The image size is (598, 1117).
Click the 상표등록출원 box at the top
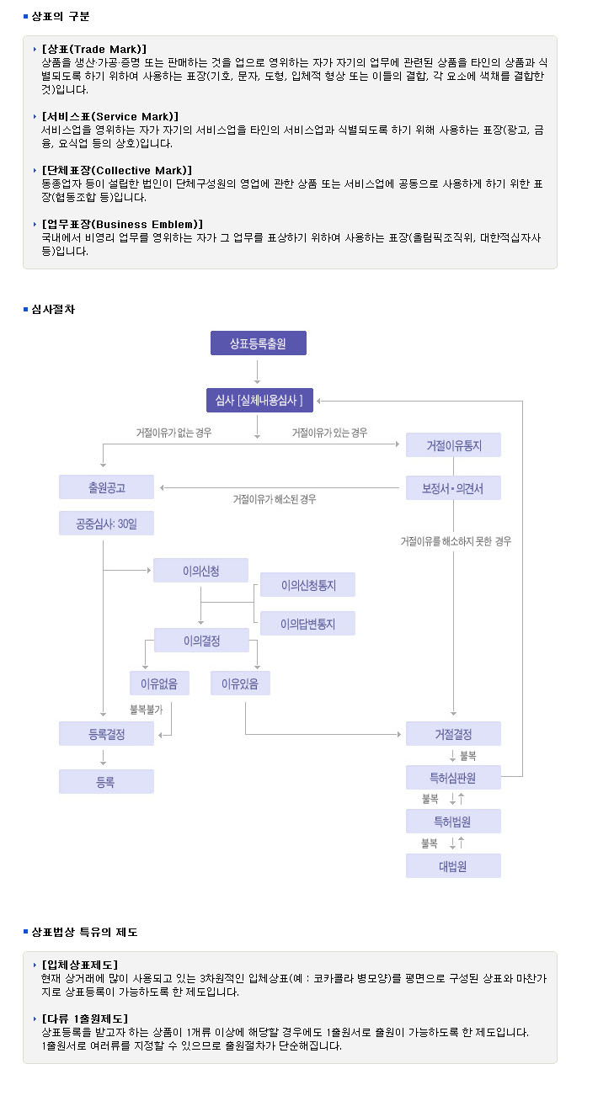click(x=258, y=343)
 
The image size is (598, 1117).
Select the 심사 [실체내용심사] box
click(x=259, y=400)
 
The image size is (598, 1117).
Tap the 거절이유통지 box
click(x=453, y=444)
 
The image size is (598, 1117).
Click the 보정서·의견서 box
click(x=453, y=487)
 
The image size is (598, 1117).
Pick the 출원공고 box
click(x=106, y=487)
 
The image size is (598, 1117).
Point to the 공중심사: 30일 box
click(x=106, y=523)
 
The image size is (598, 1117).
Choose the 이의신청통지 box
click(x=308, y=585)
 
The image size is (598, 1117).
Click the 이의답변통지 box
click(x=308, y=624)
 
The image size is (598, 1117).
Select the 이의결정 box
click(x=201, y=641)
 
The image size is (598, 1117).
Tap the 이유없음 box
click(x=159, y=683)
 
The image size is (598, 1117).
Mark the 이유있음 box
click(x=240, y=683)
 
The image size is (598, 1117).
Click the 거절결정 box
click(x=453, y=733)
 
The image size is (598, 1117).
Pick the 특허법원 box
click(x=453, y=821)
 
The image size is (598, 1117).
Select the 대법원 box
click(x=453, y=865)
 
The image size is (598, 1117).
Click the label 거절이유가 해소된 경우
click(x=275, y=499)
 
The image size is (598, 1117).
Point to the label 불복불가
click(x=147, y=710)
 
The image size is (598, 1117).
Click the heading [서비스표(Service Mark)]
click(x=109, y=117)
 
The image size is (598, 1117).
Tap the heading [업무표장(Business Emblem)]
click(x=122, y=225)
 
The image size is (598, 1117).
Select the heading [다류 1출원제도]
click(x=85, y=1019)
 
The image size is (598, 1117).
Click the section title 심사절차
click(x=53, y=309)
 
